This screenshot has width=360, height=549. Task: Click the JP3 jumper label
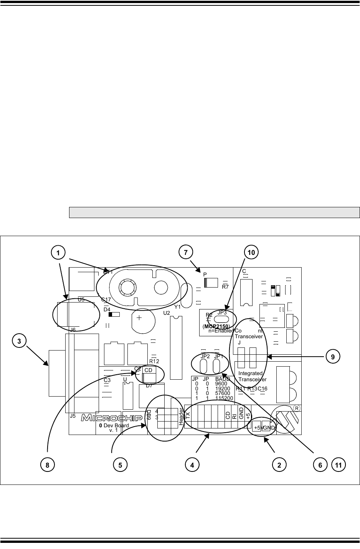pyautogui.click(x=222, y=313)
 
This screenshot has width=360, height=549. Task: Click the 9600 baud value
pyautogui.click(x=221, y=384)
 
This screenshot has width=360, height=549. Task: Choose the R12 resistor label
pyautogui.click(x=154, y=361)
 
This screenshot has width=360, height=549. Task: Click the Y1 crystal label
pyautogui.click(x=177, y=307)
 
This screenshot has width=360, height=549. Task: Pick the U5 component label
pyautogui.click(x=81, y=299)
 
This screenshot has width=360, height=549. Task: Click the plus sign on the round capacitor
pyautogui.click(x=139, y=318)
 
